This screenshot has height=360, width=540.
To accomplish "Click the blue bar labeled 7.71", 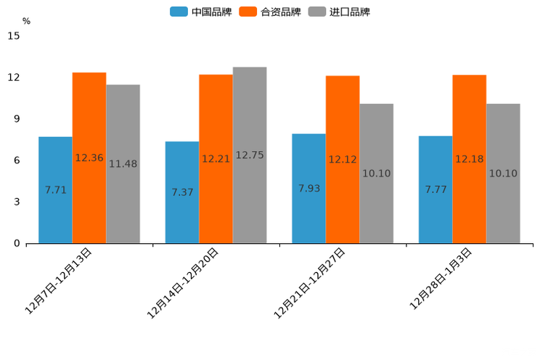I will pos(55,189).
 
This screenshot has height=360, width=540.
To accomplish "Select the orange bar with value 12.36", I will pos(89,157).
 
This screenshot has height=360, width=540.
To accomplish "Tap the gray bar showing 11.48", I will pos(123,163).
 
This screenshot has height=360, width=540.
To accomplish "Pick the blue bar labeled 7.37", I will pos(182,192).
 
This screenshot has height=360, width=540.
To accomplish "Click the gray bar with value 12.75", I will pos(250,155).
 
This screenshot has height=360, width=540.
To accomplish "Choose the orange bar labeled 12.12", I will pos(343,159).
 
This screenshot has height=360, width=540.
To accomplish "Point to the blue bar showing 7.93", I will pos(308,188).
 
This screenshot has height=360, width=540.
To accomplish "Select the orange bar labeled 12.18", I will pos(470,158).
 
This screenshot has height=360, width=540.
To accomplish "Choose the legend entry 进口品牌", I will pos(339,12).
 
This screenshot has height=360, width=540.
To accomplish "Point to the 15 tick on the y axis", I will pos(14,36).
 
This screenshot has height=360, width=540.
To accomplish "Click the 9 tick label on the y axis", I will pos(17,119).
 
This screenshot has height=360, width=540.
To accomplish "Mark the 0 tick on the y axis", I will pos(17,243).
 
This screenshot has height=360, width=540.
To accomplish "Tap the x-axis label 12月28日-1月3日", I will pos(441,279).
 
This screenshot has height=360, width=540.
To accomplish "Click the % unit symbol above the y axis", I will pos(26,21).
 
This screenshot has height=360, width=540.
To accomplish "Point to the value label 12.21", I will pos(216,159).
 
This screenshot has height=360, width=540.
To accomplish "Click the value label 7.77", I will pos(435,189).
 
